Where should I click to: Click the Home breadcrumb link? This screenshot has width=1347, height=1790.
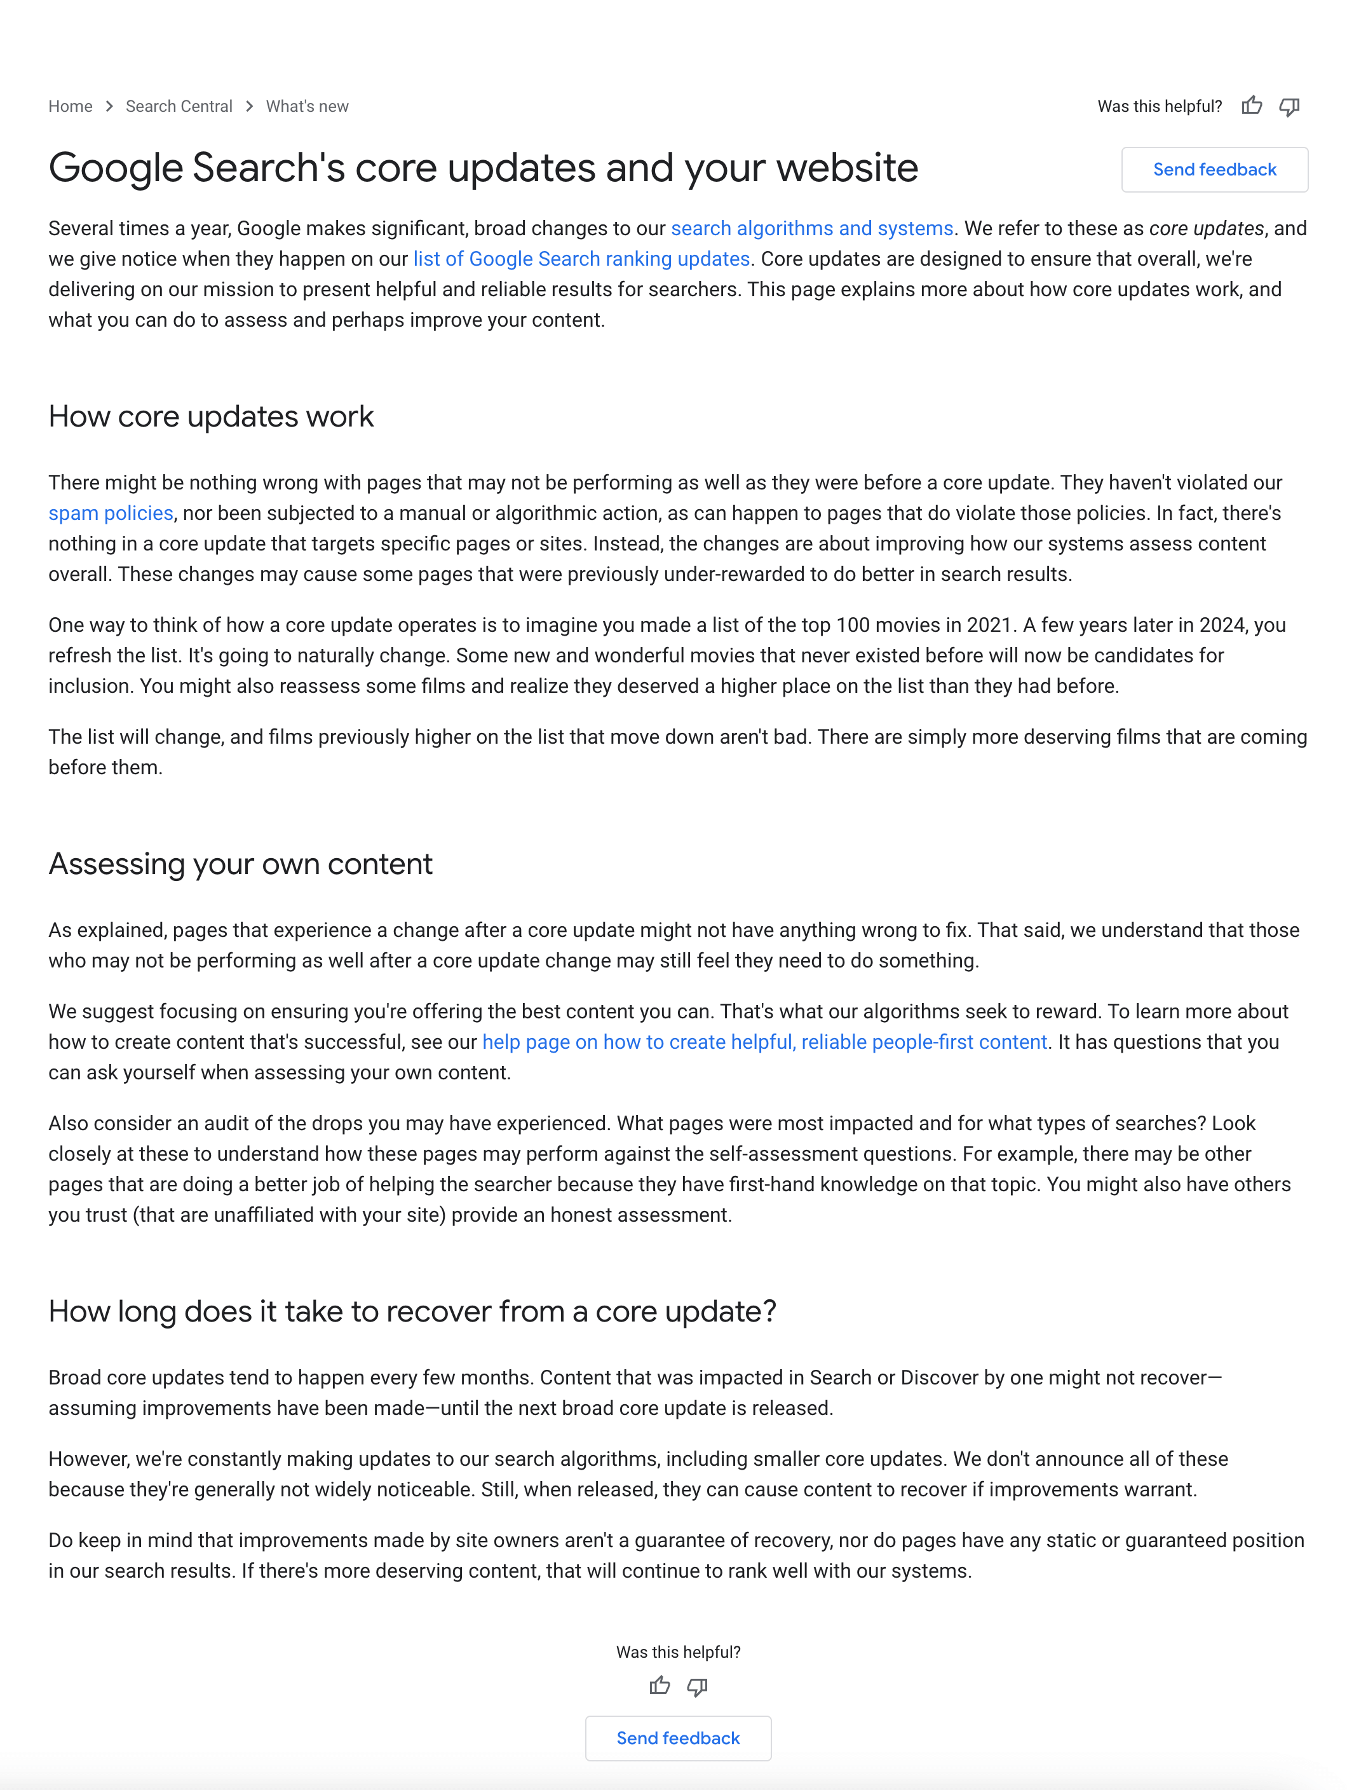click(x=71, y=107)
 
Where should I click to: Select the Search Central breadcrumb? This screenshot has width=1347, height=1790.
click(x=179, y=107)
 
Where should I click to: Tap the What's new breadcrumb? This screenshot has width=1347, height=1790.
click(x=307, y=107)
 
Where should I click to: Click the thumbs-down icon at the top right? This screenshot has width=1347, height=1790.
click(x=1289, y=107)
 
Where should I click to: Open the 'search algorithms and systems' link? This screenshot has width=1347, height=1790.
click(x=811, y=229)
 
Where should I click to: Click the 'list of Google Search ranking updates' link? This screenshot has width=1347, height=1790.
click(x=581, y=259)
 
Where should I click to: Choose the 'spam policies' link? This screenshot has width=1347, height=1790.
click(x=111, y=513)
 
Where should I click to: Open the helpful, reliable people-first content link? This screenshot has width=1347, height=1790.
click(x=764, y=1042)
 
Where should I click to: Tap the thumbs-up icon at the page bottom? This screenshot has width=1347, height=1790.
click(x=660, y=1686)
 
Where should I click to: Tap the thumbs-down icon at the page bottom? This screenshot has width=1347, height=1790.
click(x=696, y=1687)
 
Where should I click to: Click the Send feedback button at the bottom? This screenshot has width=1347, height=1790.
click(x=678, y=1739)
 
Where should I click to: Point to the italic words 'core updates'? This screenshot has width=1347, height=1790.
click(x=1205, y=229)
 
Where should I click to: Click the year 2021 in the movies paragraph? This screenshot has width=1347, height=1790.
click(x=989, y=625)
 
